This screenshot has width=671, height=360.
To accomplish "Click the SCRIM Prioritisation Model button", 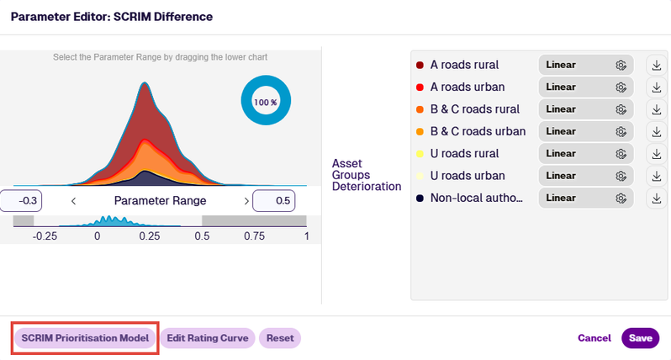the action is [85, 338].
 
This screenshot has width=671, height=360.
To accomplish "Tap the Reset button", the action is [280, 338].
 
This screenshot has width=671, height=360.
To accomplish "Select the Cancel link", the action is [594, 338].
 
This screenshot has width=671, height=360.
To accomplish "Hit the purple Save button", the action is [640, 338].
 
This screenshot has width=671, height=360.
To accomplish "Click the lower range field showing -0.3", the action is [21, 201].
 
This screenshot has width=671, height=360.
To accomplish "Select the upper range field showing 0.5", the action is [274, 201].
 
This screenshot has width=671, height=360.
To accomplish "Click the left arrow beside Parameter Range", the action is [74, 201].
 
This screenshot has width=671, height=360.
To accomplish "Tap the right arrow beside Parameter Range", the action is [246, 201].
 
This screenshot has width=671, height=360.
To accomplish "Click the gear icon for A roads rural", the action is [621, 65].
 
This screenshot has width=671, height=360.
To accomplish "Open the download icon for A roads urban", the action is [657, 87].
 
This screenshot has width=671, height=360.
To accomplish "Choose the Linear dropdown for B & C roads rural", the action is [586, 109].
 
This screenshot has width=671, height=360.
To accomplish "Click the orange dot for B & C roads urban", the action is [420, 132].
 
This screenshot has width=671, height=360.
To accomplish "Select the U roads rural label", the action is [464, 154].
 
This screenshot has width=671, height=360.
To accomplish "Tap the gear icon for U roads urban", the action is [621, 176].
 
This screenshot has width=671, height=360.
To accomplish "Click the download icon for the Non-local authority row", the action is [657, 199].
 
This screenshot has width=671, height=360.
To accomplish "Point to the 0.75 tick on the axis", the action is [254, 236].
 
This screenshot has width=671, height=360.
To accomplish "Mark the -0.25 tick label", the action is [45, 236].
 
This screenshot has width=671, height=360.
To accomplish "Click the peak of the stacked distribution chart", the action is [145, 82].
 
